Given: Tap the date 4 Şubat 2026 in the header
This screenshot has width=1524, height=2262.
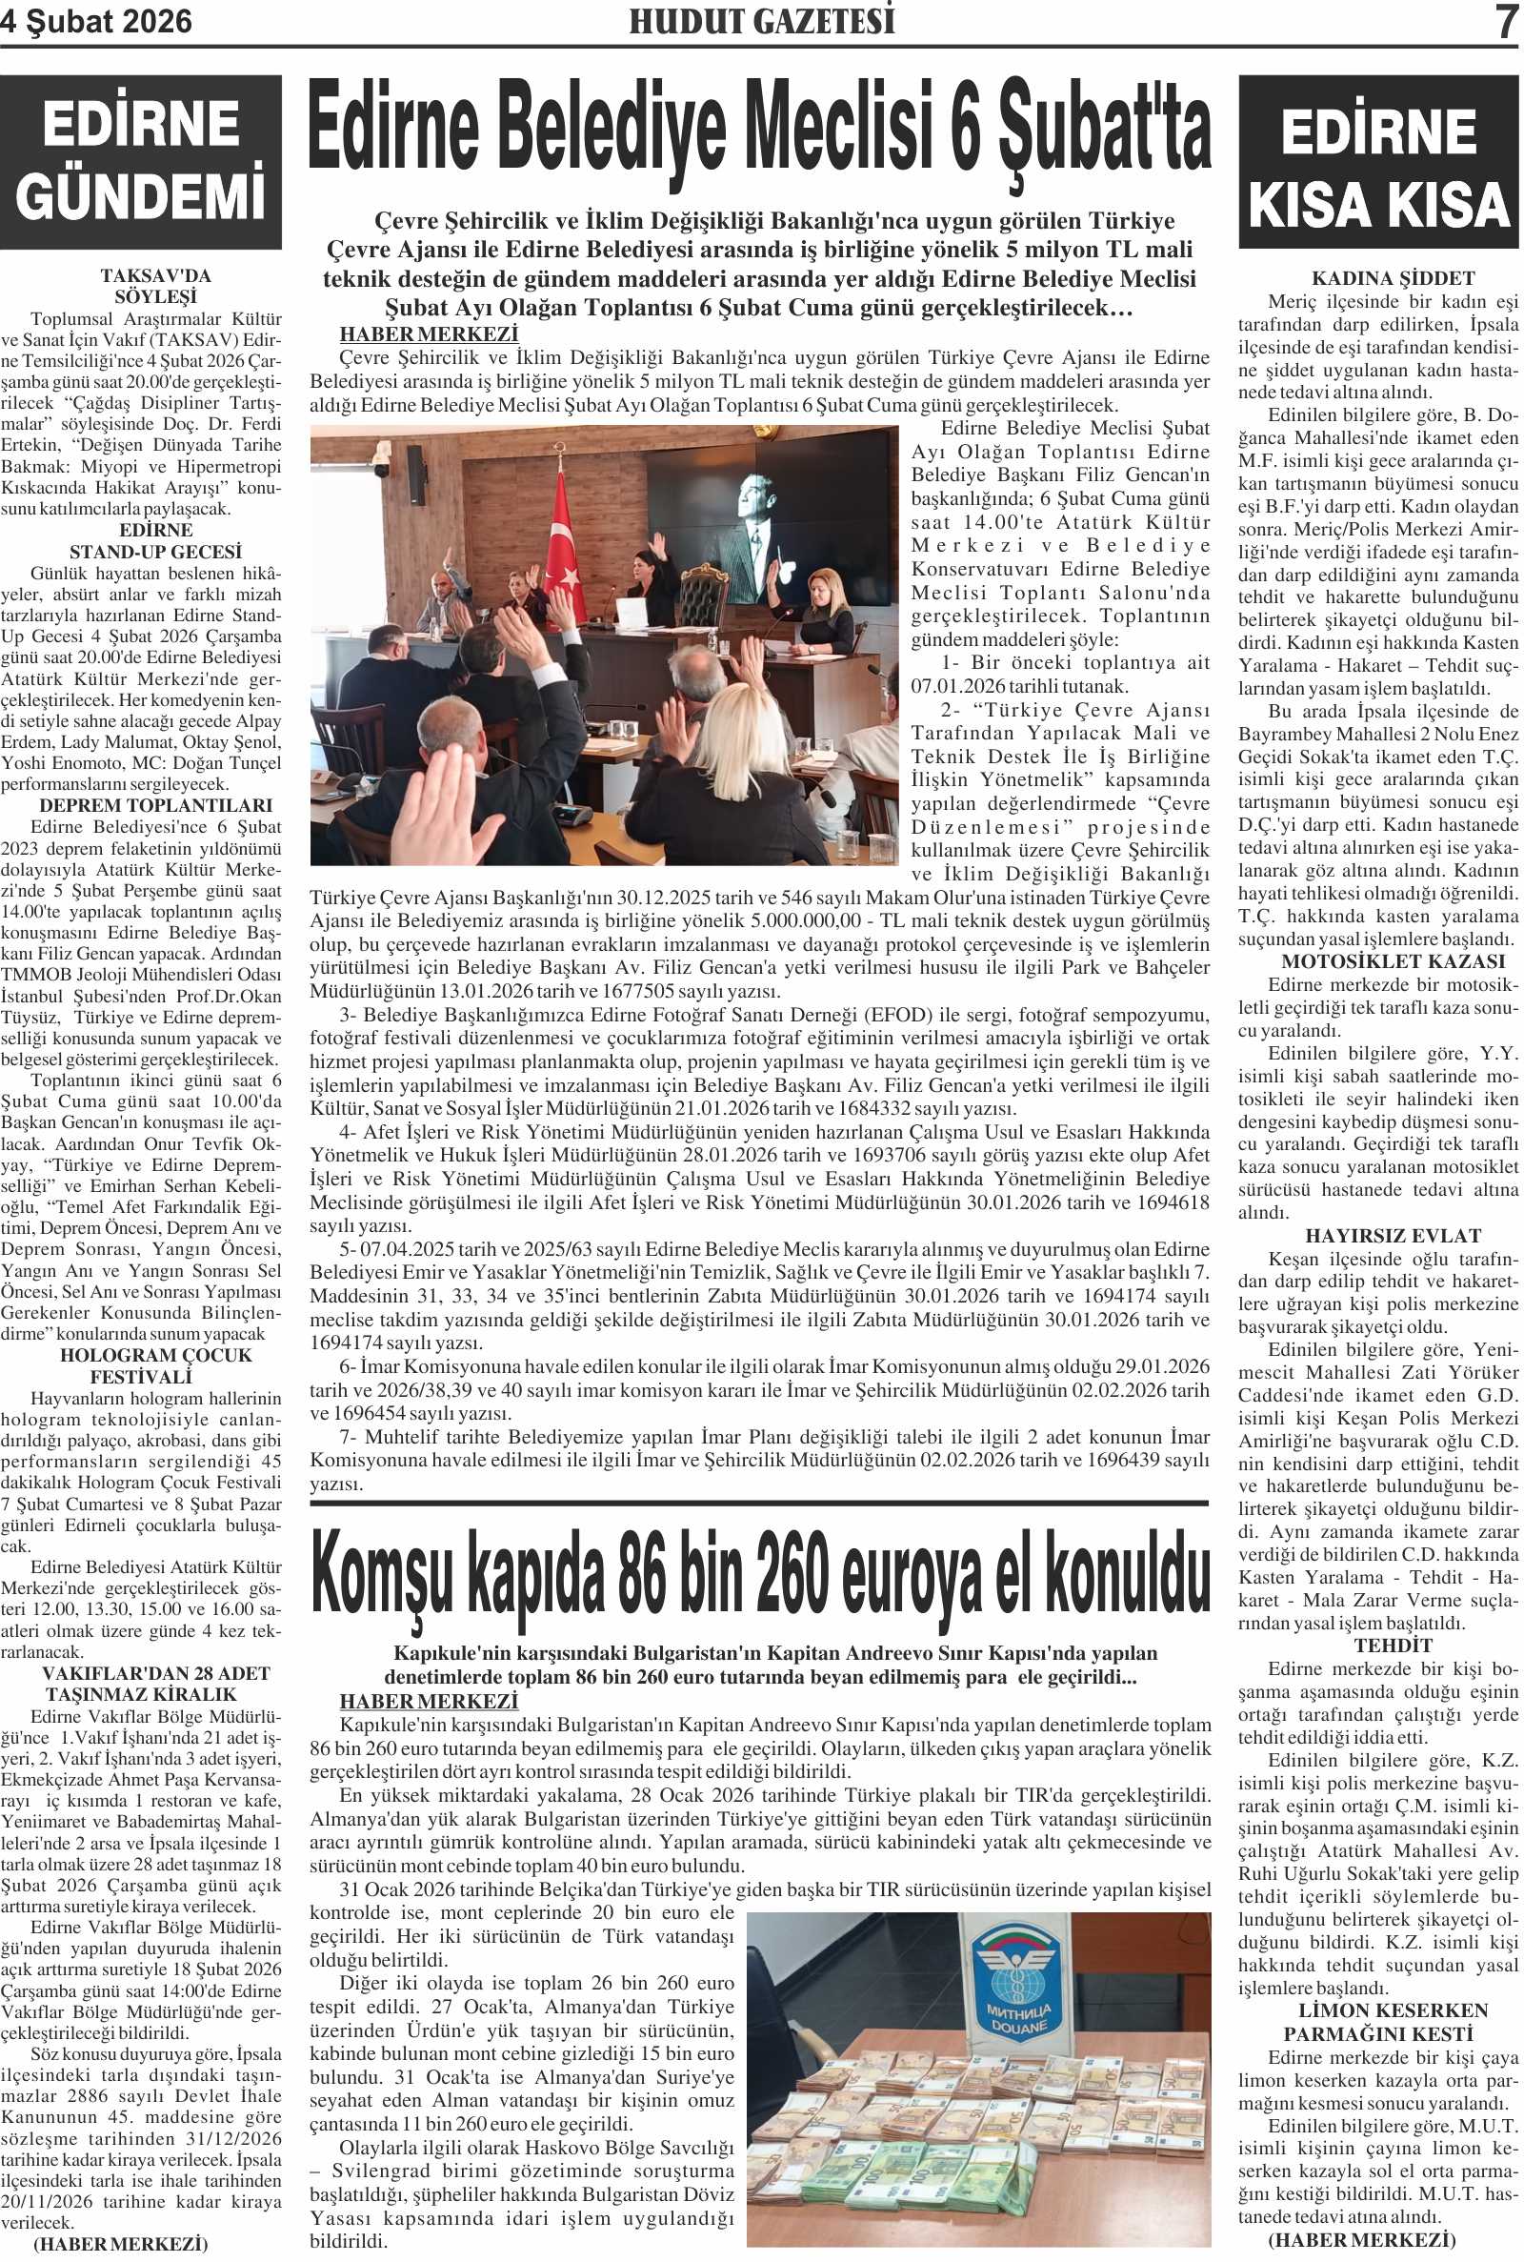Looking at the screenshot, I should coord(97,21).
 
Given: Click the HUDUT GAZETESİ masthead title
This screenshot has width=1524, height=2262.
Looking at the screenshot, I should coord(761,21).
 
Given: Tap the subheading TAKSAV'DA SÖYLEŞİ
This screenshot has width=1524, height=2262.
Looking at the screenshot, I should coord(155,287).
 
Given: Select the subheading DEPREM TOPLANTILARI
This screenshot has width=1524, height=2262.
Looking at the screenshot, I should coord(155,806).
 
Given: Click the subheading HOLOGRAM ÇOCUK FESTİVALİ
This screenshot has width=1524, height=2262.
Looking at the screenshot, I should coord(155,1365).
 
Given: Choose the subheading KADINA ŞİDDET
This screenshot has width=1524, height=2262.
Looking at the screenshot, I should coord(1378,278).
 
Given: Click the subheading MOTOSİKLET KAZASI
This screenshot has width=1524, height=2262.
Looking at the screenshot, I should coord(1378,961).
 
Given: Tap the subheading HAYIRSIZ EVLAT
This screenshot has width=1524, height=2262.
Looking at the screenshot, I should coord(1378,1237).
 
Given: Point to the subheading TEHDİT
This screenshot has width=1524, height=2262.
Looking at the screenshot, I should coord(1378,1646).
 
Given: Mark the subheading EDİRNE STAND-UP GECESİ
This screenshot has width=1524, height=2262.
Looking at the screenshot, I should coord(155,541).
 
